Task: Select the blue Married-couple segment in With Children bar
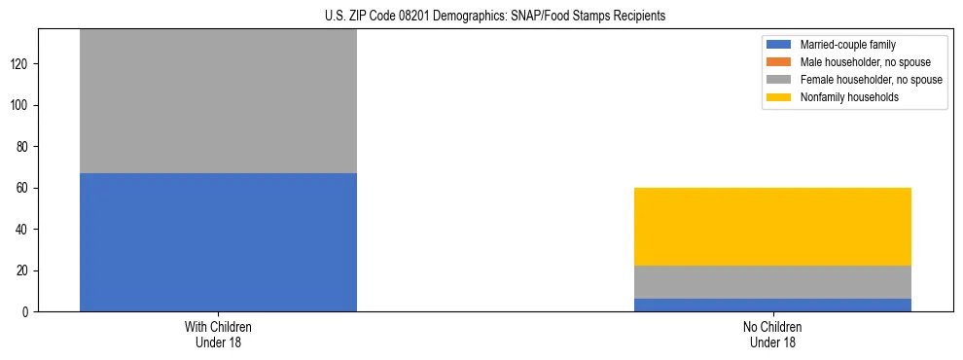[x=218, y=242]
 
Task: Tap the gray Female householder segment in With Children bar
[x=218, y=101]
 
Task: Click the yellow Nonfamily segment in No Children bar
[x=772, y=227]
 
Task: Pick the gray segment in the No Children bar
[x=772, y=282]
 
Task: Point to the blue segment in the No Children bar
[x=772, y=305]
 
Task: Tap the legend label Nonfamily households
[x=842, y=97]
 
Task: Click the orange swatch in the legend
[x=779, y=62]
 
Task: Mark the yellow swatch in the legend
[x=779, y=97]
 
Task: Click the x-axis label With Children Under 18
[x=218, y=335]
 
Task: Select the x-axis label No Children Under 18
[x=772, y=335]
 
